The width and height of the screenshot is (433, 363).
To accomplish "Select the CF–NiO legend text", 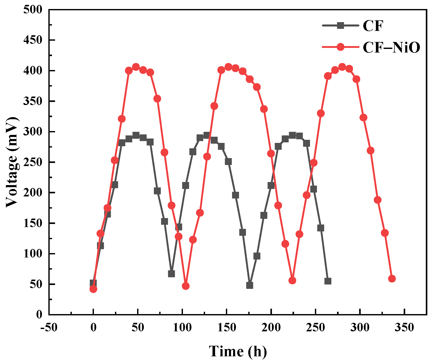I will [x=391, y=47].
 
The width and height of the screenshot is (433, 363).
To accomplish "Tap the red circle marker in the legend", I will [x=340, y=47].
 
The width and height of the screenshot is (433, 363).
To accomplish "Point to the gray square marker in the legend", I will [x=340, y=25].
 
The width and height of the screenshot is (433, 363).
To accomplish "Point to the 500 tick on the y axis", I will [x=32, y=10].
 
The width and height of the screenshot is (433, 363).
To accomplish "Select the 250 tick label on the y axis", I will [x=32, y=162].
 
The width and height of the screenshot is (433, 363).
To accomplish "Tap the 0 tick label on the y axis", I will [x=39, y=314].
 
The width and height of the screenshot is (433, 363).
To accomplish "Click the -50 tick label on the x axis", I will [x=49, y=328].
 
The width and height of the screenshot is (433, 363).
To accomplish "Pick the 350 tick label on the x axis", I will [x=405, y=328].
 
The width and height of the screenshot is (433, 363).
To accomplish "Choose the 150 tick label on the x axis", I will [x=227, y=328].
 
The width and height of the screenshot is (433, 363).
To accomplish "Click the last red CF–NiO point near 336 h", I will [x=392, y=279].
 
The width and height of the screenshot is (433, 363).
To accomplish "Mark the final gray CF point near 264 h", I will [x=328, y=281].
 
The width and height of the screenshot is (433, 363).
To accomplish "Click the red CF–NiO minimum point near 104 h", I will [x=185, y=286].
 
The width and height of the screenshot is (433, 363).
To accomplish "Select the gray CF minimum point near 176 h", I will [x=250, y=285].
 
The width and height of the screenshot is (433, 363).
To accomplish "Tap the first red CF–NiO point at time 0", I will [x=93, y=289].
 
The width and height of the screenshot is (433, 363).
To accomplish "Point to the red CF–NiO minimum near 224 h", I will [x=292, y=281].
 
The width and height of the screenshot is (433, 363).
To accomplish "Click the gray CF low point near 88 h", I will [x=171, y=274].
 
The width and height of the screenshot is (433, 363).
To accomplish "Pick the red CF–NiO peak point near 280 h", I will [x=342, y=67].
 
